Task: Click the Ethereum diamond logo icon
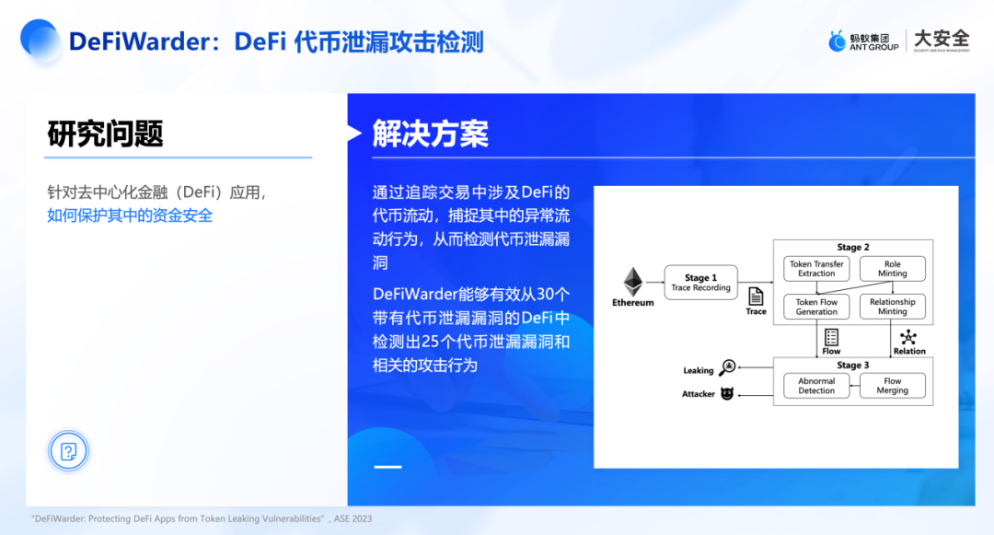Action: [633, 282]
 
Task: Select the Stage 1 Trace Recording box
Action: [700, 283]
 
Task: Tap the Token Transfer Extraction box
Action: [816, 269]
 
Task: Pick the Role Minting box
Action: [892, 269]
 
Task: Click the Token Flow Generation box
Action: [816, 307]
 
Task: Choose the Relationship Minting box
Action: [892, 307]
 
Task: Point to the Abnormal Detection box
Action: [816, 386]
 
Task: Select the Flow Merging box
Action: [892, 386]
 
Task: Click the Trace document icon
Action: [756, 297]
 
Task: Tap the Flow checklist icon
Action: [831, 337]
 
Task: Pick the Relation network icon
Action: [908, 337]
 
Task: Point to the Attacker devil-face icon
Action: [727, 393]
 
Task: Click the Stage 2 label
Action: [853, 247]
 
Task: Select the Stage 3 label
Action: [853, 366]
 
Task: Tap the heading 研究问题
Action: [105, 134]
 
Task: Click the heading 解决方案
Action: [430, 134]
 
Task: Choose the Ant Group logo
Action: [862, 41]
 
